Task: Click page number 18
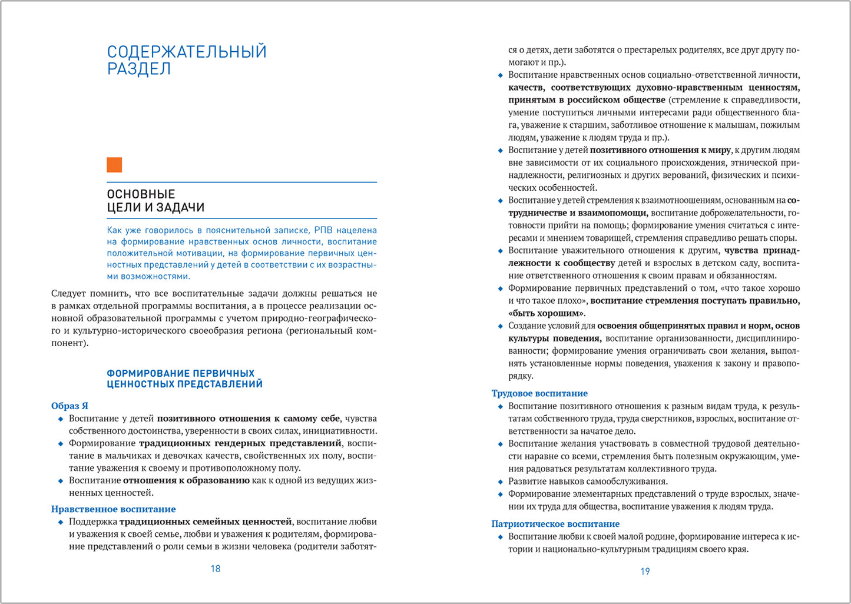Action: click(x=216, y=569)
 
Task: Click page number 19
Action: click(x=645, y=571)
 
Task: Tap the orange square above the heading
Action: click(x=114, y=165)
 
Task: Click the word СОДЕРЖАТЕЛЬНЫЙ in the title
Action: click(x=187, y=52)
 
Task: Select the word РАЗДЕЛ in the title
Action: click(x=139, y=69)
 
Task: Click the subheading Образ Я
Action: click(x=69, y=406)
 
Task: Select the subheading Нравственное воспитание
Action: click(x=113, y=509)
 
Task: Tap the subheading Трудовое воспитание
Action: click(x=539, y=393)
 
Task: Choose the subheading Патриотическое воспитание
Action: click(x=555, y=524)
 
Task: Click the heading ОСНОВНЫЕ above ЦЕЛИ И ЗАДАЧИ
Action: click(x=141, y=194)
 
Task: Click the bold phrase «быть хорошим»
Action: click(x=547, y=313)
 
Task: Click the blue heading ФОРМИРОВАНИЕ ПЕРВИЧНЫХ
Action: click(x=180, y=373)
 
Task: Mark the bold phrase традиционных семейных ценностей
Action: click(x=206, y=522)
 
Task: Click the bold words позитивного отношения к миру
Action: click(x=660, y=150)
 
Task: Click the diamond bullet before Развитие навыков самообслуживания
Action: click(x=501, y=482)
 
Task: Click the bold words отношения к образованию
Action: click(x=186, y=480)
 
